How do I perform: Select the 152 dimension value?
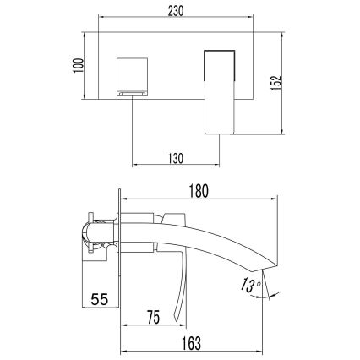pos(289,83)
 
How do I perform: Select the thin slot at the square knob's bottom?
pos(133,95)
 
